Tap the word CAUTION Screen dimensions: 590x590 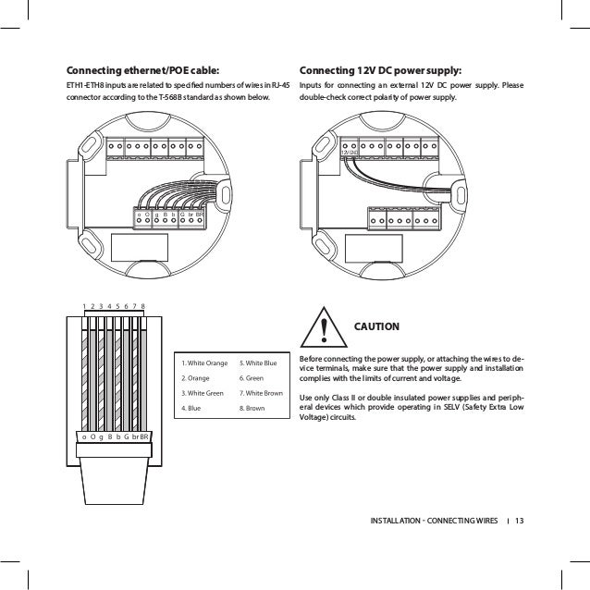[x=377, y=326]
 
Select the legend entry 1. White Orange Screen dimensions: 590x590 [x=203, y=363]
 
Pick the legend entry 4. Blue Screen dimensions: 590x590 [x=191, y=406]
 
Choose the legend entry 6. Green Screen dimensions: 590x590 [x=252, y=377]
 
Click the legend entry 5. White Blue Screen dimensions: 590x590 [x=258, y=363]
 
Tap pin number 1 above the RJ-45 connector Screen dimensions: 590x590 [x=83, y=305]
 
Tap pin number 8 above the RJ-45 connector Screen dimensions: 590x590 [x=145, y=305]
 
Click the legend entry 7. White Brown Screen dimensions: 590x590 [x=261, y=392]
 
